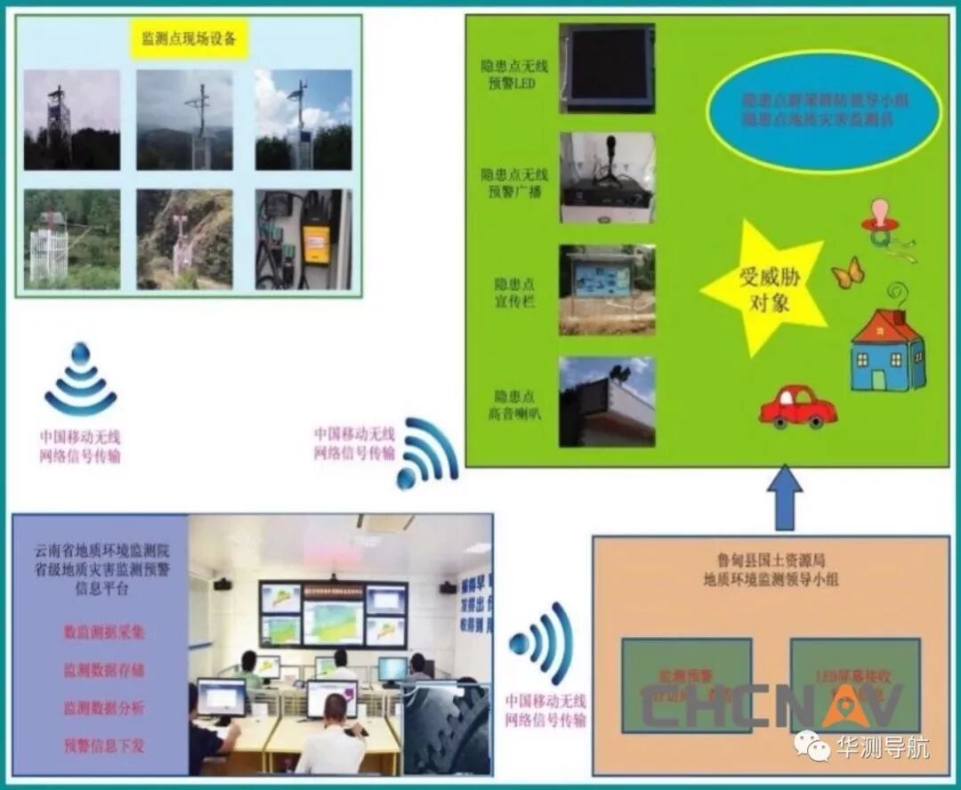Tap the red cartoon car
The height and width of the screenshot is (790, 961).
(797, 407)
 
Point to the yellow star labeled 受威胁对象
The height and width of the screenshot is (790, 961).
(764, 286)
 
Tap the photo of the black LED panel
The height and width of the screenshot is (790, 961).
(607, 69)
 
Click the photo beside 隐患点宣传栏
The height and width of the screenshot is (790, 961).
(607, 290)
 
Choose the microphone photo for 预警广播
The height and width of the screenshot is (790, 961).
(607, 178)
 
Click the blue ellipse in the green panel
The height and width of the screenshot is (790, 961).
(823, 110)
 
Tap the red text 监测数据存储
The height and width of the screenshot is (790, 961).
(103, 669)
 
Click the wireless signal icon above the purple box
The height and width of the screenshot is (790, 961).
(80, 381)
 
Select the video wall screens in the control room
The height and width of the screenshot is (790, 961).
(333, 613)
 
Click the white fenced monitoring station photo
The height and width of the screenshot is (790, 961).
(71, 239)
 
